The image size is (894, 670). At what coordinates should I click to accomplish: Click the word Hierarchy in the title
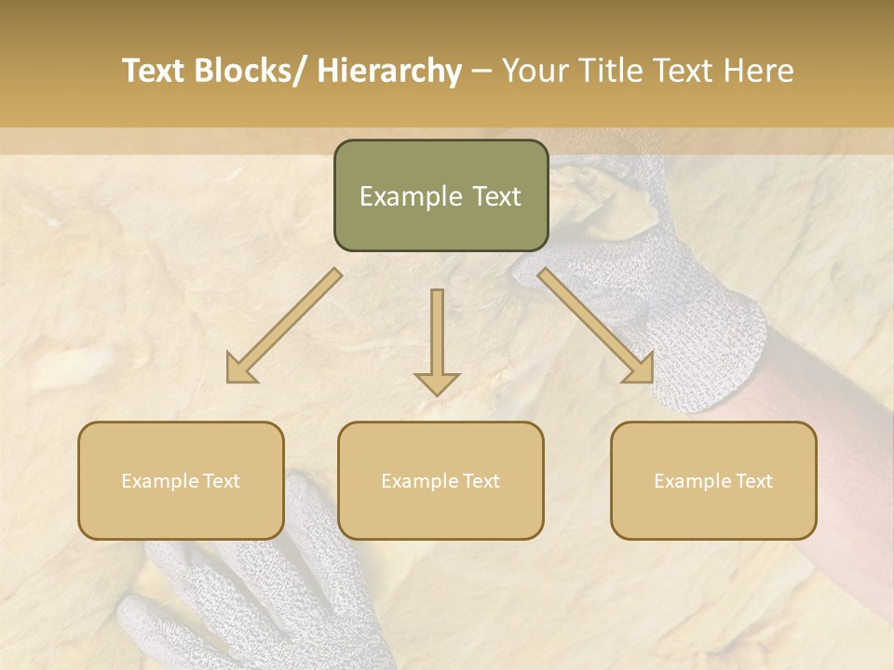(x=389, y=71)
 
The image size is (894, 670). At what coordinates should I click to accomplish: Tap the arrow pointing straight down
(x=437, y=340)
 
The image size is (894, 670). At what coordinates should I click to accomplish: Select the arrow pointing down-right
(x=596, y=326)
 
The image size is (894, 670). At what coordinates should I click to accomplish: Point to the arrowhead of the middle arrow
(x=437, y=382)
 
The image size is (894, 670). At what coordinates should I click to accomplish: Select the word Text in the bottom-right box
(x=753, y=481)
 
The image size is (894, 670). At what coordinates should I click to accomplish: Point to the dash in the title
(x=481, y=72)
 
